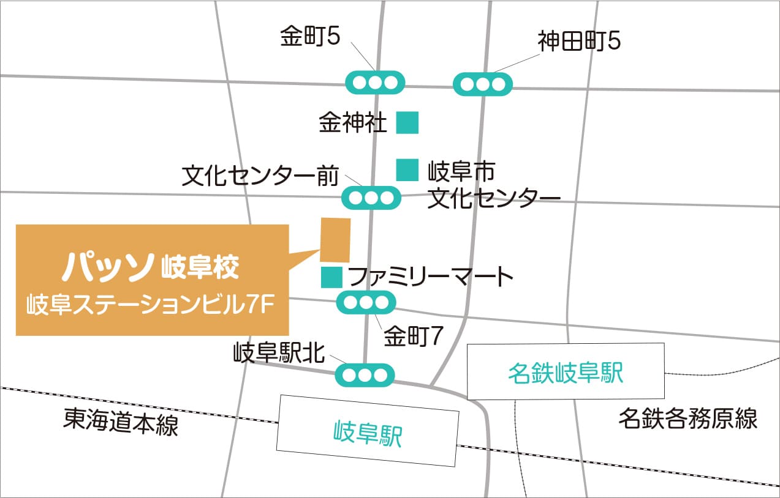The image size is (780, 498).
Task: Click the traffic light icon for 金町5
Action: (x=376, y=82)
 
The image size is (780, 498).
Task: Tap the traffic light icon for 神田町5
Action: (x=483, y=84)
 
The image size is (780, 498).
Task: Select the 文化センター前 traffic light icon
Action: (x=371, y=198)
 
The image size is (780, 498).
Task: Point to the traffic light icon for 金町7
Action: (x=366, y=302)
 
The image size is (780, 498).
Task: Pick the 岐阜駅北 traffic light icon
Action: (x=365, y=374)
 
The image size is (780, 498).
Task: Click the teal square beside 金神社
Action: (x=407, y=122)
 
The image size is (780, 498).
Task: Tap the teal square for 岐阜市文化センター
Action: (x=407, y=170)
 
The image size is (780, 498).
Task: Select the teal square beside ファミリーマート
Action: (x=331, y=277)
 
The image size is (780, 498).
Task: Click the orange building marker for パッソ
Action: (x=335, y=240)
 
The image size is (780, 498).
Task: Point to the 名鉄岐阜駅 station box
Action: (x=566, y=372)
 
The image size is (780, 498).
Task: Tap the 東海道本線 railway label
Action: (x=121, y=423)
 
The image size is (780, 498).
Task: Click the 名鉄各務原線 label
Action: (x=687, y=419)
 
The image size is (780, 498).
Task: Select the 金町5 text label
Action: (x=310, y=37)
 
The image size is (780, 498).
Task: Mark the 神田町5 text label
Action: (x=580, y=42)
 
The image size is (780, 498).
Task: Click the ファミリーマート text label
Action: (x=431, y=277)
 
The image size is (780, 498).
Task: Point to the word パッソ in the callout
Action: (x=107, y=267)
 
